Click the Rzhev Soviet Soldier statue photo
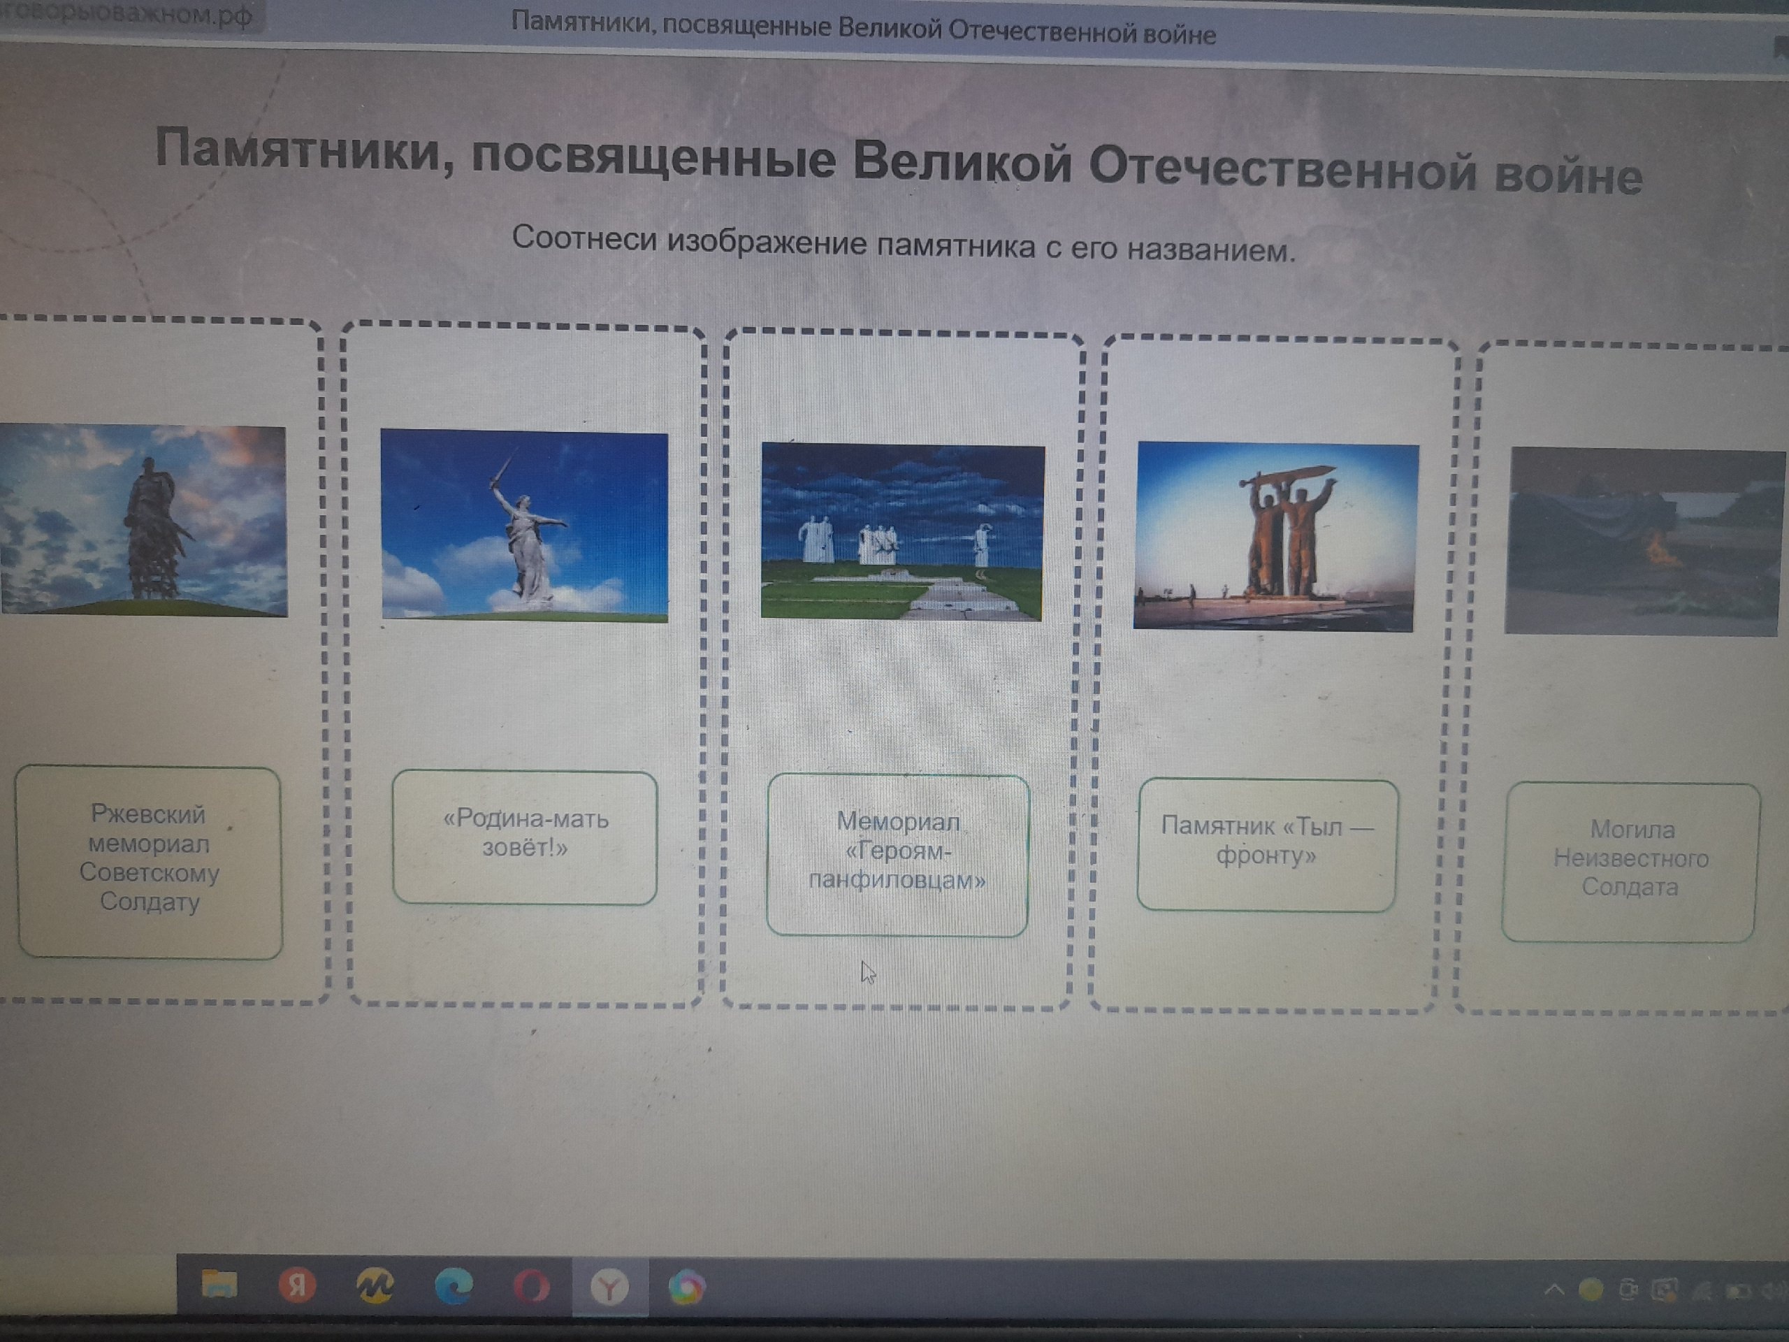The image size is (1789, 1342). tap(143, 520)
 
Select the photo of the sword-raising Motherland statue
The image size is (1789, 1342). tap(524, 526)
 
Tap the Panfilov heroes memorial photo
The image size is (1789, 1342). tap(903, 531)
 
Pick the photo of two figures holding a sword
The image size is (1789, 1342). tap(1275, 535)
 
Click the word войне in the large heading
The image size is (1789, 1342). tap(1567, 175)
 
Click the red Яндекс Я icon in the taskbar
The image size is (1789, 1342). tap(297, 1285)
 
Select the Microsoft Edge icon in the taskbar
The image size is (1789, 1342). tap(454, 1286)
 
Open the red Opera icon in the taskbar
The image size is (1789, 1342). tap(530, 1286)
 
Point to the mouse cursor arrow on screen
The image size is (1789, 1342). tap(868, 972)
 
